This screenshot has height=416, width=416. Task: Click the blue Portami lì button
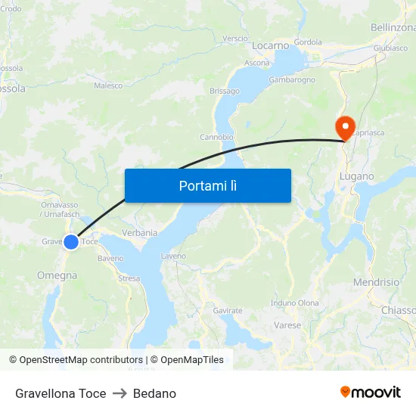(x=208, y=185)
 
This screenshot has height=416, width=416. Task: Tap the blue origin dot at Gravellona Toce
(x=70, y=242)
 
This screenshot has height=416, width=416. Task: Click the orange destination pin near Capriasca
(x=344, y=126)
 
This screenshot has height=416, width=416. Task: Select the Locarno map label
(x=271, y=46)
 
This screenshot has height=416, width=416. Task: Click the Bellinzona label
(x=393, y=28)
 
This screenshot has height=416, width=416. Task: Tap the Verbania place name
(x=139, y=233)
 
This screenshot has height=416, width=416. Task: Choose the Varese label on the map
(x=287, y=326)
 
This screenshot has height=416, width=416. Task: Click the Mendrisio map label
(x=376, y=282)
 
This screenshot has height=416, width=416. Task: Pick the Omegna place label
(x=57, y=276)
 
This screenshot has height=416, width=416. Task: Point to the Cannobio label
(x=216, y=138)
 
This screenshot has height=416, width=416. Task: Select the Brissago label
(x=225, y=92)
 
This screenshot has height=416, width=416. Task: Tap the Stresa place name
(x=129, y=278)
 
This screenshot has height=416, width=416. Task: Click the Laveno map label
(x=173, y=256)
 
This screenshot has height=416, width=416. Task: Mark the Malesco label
(x=108, y=86)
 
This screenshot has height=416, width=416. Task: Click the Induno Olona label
(x=295, y=303)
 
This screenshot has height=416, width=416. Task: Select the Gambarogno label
(x=292, y=79)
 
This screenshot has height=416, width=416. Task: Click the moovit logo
(x=371, y=393)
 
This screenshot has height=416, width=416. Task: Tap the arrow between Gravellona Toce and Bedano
(x=120, y=393)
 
